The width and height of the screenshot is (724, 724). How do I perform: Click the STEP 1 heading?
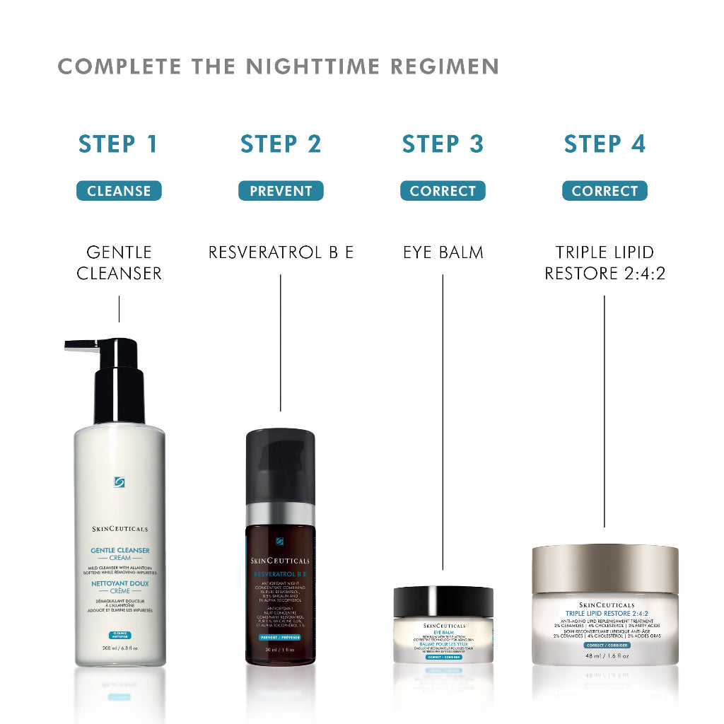[x=119, y=144]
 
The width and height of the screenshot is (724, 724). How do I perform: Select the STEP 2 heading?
[x=281, y=144]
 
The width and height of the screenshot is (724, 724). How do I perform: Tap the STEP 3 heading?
[x=443, y=144]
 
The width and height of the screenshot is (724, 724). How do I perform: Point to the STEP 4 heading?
[x=605, y=144]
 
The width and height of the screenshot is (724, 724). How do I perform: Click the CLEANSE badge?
[x=119, y=191]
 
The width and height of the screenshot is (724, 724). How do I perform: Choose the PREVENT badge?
[x=281, y=191]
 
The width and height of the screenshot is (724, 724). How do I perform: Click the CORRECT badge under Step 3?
[x=443, y=191]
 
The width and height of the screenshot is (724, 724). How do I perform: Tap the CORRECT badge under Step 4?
[x=605, y=191]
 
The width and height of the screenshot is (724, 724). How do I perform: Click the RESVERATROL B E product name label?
[x=281, y=252]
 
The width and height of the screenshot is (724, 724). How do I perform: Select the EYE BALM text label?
[x=443, y=252]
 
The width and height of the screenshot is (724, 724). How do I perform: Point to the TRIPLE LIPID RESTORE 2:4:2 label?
[x=605, y=262]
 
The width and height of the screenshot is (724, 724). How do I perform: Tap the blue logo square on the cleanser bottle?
[x=119, y=482]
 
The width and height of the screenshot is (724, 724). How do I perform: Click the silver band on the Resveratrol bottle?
[x=280, y=513]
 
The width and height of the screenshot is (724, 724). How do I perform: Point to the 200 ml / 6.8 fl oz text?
[x=119, y=648]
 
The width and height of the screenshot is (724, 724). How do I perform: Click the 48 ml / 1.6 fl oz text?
[x=605, y=655]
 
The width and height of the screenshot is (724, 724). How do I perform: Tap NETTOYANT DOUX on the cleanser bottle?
[x=119, y=584]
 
